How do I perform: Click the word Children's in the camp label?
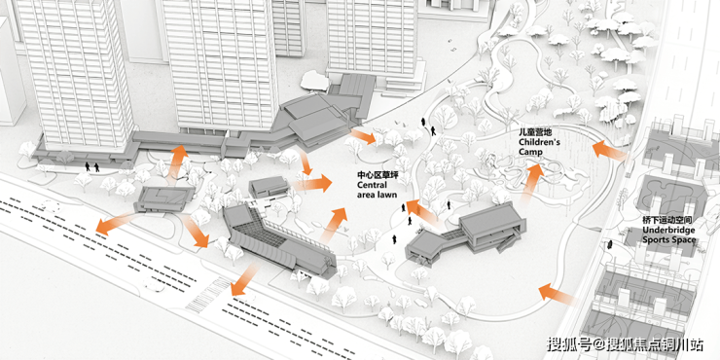[540, 142]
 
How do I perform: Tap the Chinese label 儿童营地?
[532, 133]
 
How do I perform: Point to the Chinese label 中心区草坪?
[375, 176]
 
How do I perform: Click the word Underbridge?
[668, 230]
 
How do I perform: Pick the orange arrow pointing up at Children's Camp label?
[532, 183]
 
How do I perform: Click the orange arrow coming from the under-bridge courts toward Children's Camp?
[609, 151]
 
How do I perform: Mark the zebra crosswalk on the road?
[209, 294]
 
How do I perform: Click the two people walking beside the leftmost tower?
[91, 166]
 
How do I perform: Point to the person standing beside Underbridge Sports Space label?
[610, 244]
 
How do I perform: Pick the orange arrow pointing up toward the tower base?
[176, 164]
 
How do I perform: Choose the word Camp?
[531, 152]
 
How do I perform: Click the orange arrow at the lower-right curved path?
[557, 294]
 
